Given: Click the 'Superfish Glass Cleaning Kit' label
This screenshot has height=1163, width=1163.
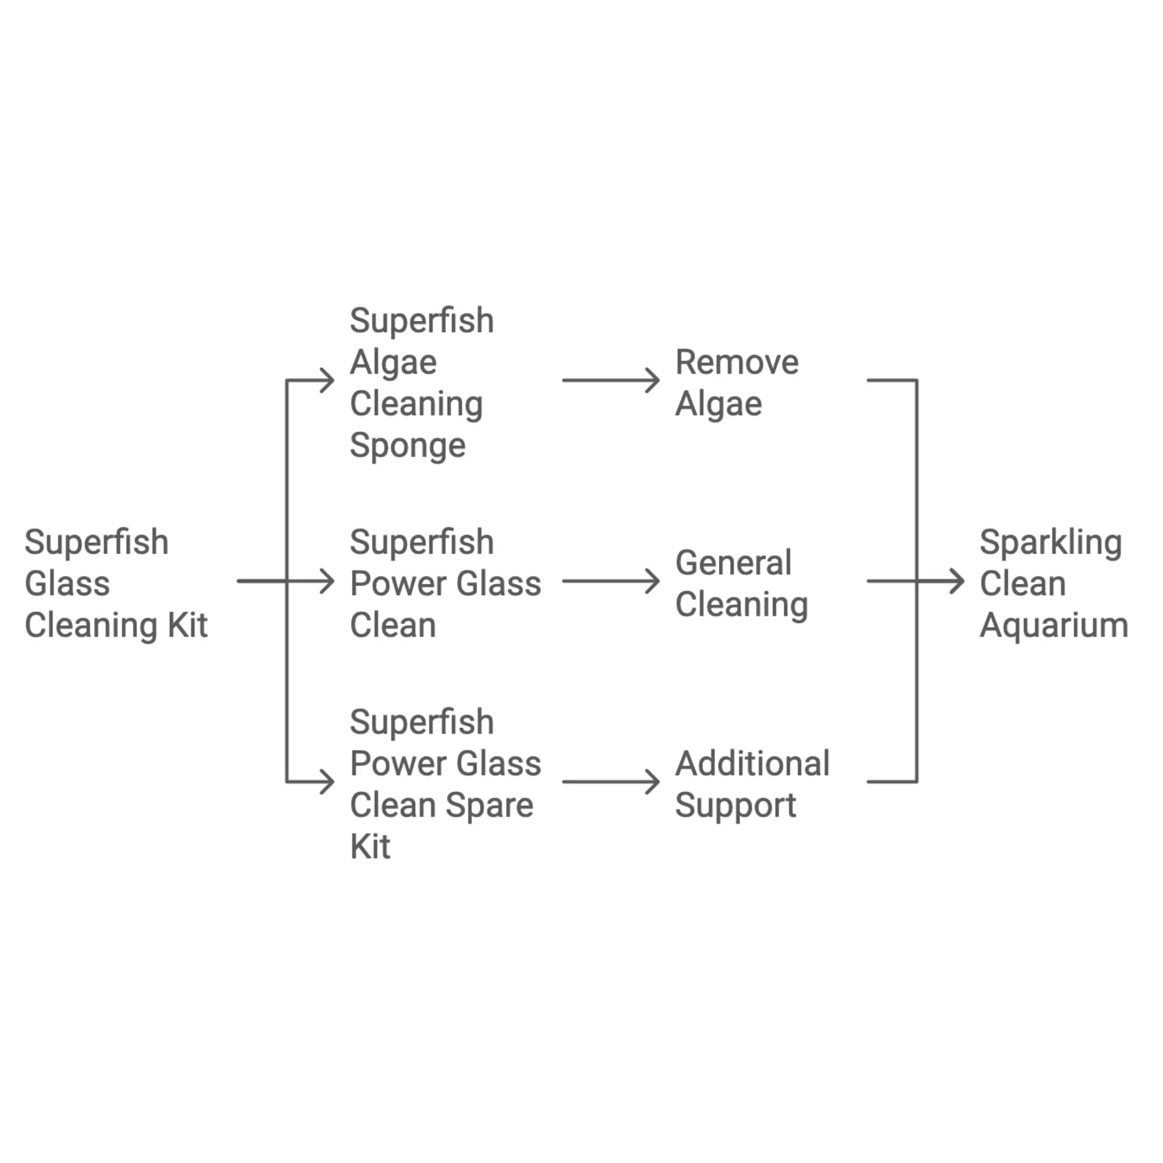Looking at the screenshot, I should point(116,583).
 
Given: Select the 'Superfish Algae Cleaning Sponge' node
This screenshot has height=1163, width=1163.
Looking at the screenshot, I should point(421,382).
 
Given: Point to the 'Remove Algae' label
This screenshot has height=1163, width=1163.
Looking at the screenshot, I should point(737,382).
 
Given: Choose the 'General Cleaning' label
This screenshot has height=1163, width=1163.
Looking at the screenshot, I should point(741,583).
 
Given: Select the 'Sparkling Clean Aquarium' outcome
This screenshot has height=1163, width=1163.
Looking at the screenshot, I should point(1053,583).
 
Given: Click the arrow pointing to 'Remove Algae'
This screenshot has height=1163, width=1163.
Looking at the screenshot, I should point(611,380).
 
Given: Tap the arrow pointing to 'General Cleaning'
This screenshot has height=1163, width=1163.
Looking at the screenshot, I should point(611,581).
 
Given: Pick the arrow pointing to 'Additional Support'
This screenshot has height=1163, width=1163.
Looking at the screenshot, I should point(611,782).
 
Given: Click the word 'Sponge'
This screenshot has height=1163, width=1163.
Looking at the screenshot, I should point(408,446).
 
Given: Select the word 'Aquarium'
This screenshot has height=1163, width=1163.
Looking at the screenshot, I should point(1053,625).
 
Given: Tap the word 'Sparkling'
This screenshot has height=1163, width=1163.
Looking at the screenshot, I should point(1051,543).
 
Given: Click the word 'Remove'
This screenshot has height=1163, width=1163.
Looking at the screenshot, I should point(737,362).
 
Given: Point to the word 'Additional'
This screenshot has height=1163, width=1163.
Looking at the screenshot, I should point(752,763).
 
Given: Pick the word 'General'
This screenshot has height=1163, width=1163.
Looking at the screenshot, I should point(733,563).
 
